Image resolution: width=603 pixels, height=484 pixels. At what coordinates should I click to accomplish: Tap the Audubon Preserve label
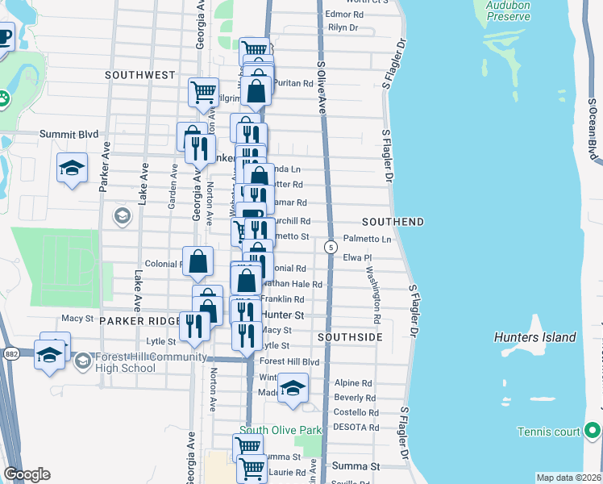click(x=509, y=10)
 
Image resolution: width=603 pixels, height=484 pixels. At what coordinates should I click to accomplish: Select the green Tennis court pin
click(x=593, y=431)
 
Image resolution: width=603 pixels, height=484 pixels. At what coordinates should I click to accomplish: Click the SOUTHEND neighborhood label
click(x=393, y=221)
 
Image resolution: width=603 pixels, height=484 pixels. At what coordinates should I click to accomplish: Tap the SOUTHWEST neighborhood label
click(x=139, y=75)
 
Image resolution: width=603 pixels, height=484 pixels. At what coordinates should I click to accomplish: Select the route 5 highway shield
click(x=331, y=247)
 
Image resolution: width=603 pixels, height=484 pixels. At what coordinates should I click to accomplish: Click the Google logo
click(x=27, y=474)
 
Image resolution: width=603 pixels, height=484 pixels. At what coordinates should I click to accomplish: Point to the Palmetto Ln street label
click(x=367, y=240)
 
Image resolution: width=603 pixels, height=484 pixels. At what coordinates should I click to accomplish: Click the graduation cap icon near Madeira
click(x=293, y=388)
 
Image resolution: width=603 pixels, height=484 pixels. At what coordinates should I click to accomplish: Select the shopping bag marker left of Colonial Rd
click(x=198, y=261)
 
